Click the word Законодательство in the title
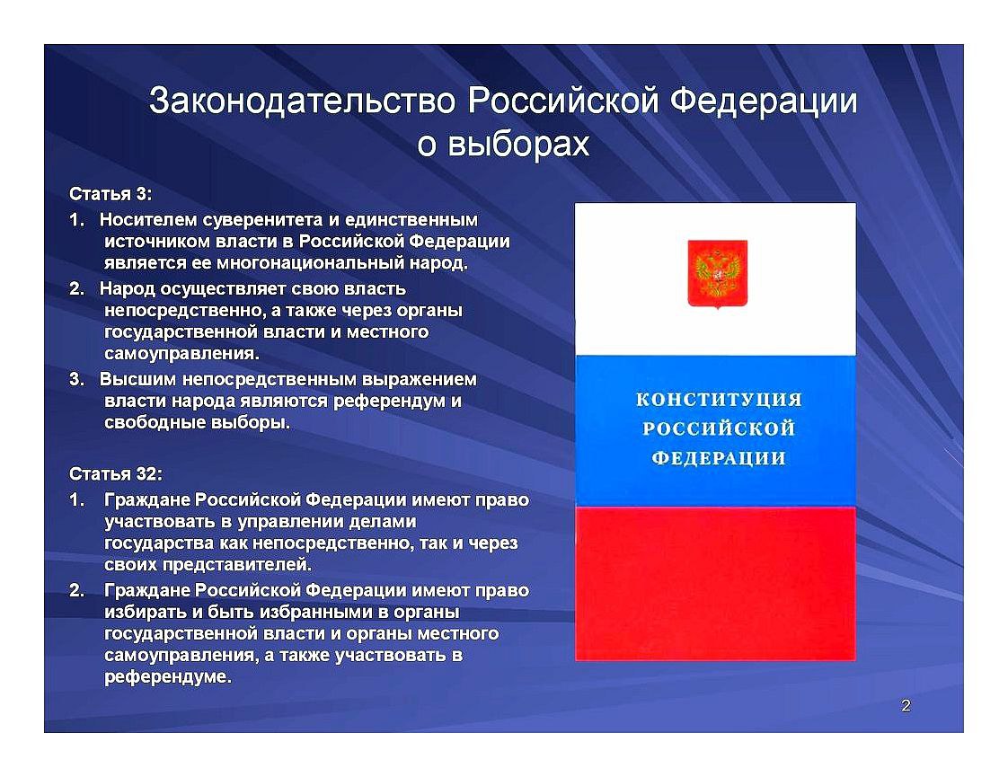click(302, 102)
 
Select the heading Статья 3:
click(111, 193)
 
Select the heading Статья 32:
click(116, 473)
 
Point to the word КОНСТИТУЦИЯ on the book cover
click(719, 400)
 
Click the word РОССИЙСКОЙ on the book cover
click(719, 428)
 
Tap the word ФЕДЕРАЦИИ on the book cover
click(719, 458)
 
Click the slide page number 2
click(906, 706)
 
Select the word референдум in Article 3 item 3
click(389, 401)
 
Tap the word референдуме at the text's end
click(167, 676)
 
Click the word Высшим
click(133, 379)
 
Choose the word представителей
click(236, 565)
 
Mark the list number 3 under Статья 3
click(76, 379)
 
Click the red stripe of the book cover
click(715, 584)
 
